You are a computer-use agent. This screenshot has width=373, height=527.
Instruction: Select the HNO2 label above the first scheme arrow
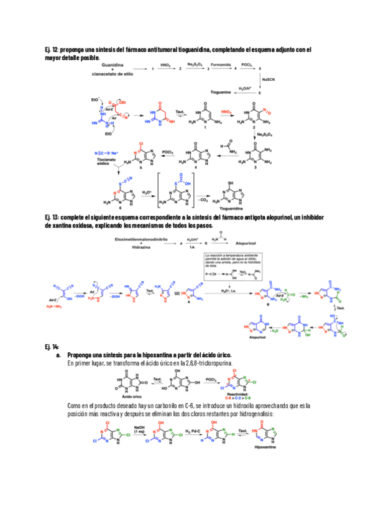[165, 64]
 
